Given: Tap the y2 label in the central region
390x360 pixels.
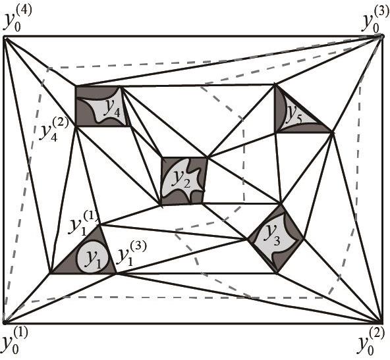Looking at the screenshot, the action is coord(182,180).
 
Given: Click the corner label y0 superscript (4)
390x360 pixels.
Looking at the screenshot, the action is coord(17,20).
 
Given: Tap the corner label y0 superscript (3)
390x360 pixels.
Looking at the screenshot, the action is coord(374,21).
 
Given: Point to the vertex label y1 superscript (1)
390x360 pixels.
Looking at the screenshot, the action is coord(83,222).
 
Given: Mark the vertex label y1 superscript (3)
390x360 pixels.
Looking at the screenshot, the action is coord(132,254).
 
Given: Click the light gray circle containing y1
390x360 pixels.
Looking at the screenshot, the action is coord(92,257).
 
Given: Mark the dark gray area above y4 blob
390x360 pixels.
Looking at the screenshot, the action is coord(96,92).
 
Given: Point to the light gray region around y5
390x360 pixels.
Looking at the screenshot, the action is coord(298,116).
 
